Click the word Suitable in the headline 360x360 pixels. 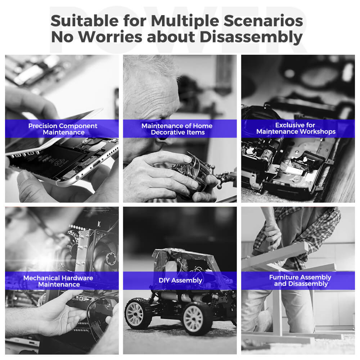85,21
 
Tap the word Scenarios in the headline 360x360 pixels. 264,21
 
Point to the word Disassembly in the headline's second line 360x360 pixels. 251,37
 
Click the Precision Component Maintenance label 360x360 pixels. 63,129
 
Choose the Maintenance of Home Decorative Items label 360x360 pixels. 177,129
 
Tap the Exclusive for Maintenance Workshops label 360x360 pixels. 296,129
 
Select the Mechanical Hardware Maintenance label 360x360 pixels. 58,281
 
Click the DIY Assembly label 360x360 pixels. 180,280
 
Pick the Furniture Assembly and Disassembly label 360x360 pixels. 300,280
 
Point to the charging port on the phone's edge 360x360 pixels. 96,164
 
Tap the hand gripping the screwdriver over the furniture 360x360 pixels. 273,235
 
